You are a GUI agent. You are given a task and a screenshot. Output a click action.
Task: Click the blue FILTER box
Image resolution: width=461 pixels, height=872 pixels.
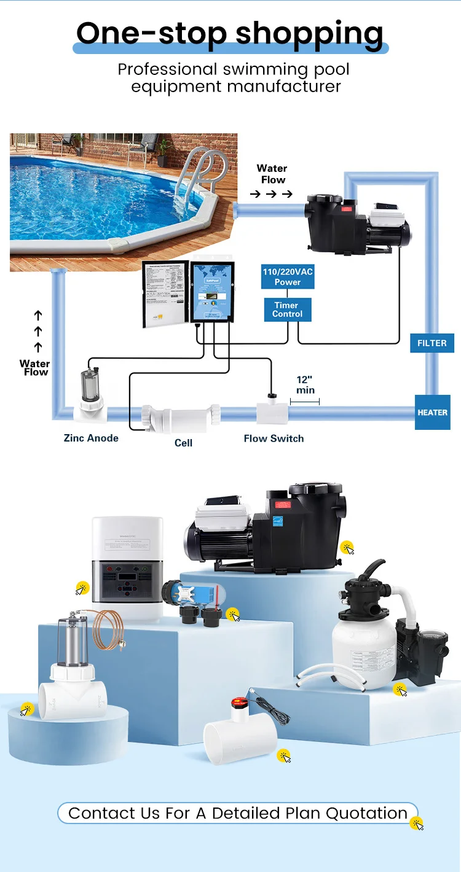[432, 343]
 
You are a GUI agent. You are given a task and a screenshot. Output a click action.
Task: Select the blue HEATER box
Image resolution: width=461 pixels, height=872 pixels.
[433, 412]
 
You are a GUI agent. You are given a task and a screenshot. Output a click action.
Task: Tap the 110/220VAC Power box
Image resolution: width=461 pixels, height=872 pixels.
[288, 278]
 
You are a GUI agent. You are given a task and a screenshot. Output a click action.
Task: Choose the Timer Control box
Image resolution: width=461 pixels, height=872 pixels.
[288, 309]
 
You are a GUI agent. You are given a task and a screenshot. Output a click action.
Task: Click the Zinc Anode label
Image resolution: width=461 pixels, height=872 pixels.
[91, 438]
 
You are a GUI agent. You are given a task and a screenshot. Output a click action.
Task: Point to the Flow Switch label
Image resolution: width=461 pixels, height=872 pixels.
[274, 438]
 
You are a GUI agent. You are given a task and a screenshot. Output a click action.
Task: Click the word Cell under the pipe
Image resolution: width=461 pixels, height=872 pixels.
[183, 443]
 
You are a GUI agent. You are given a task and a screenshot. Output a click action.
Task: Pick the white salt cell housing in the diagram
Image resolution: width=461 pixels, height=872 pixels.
[181, 417]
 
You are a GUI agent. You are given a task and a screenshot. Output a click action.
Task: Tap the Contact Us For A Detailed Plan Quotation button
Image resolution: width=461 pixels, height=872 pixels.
[237, 813]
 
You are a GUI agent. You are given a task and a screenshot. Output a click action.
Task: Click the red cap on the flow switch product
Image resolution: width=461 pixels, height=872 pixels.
[237, 702]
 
